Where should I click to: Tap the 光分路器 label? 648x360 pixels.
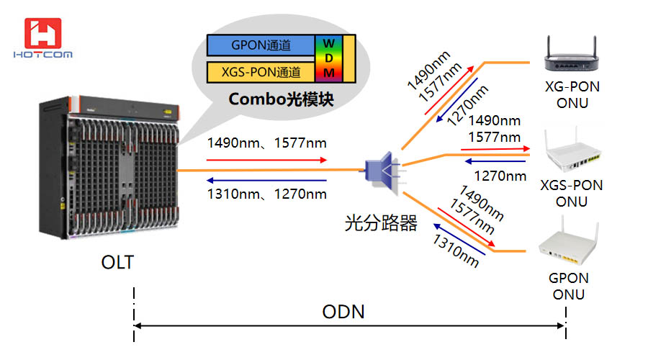pyautogui.click(x=381, y=224)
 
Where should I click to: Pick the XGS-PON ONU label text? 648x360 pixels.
pyautogui.click(x=572, y=193)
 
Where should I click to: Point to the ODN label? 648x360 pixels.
pyautogui.click(x=343, y=312)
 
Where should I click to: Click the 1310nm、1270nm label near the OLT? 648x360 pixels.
pyautogui.click(x=266, y=194)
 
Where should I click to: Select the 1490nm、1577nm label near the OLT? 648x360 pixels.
pyautogui.click(x=266, y=142)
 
